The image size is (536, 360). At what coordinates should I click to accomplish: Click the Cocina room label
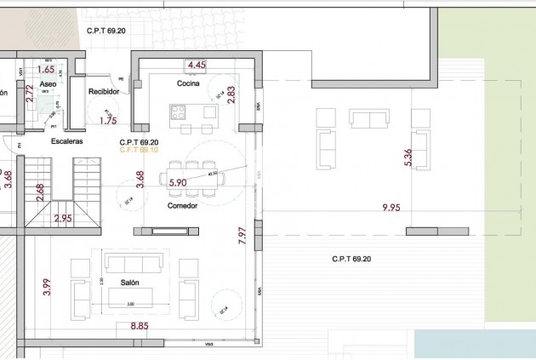coord(188,83)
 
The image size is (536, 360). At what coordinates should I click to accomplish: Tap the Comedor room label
coord(182,205)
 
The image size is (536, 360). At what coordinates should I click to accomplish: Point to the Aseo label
coord(48,85)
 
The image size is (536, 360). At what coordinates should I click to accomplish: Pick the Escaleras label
coord(66,141)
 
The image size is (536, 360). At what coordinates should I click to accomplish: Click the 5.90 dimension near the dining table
coord(178,182)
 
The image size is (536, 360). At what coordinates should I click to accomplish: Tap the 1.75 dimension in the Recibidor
coord(107,121)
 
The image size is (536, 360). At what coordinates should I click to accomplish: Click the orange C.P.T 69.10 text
coord(140,150)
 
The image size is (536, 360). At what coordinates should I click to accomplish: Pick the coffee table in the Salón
coord(129,294)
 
